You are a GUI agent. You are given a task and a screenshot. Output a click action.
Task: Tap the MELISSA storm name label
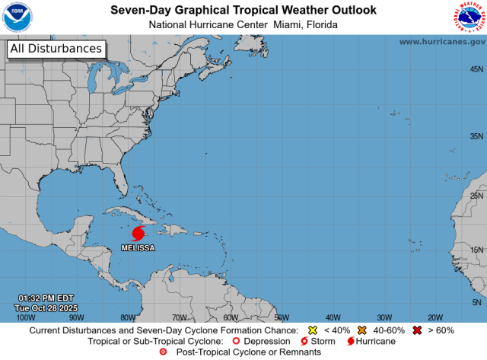(x=138, y=248)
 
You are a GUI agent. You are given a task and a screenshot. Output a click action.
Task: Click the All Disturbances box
(x=56, y=49)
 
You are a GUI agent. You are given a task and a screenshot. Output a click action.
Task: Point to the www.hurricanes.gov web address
(x=441, y=42)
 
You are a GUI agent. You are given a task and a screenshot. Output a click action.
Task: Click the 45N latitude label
(x=476, y=69)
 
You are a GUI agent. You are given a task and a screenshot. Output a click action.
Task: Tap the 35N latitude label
(x=476, y=136)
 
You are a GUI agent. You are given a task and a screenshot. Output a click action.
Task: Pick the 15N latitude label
(x=476, y=250)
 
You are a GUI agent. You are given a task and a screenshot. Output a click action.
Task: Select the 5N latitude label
(x=479, y=302)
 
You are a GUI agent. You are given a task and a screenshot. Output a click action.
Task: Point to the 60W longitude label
(x=230, y=317)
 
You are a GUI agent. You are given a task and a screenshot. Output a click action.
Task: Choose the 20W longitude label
(x=434, y=317)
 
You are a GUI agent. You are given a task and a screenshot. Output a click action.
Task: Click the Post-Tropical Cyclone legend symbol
(x=162, y=353)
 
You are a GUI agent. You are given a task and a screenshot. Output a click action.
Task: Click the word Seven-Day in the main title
(x=139, y=10)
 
